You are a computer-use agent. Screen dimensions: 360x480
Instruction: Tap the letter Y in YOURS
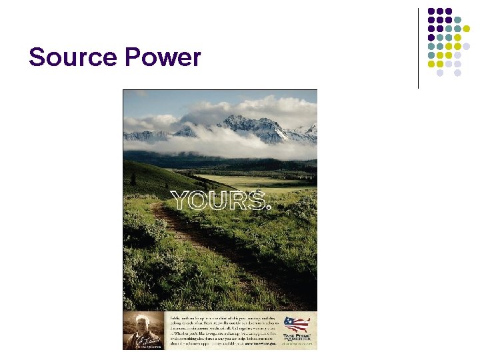(x=181, y=199)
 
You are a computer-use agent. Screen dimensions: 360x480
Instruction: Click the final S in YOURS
(x=257, y=199)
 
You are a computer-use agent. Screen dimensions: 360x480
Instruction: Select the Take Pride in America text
(x=297, y=337)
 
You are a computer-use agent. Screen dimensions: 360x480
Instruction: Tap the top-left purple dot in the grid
(x=431, y=11)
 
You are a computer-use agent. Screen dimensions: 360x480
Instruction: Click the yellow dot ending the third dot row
(x=467, y=29)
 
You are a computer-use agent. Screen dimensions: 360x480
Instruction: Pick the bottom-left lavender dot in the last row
(x=440, y=72)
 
